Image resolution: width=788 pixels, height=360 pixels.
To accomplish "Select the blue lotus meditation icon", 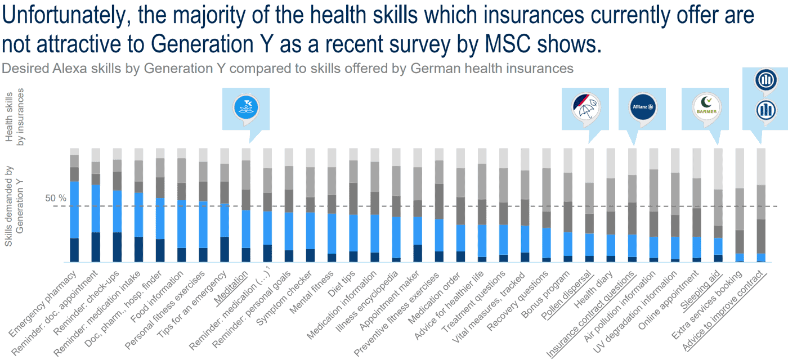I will [245, 107].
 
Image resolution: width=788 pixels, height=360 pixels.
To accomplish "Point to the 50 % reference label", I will [56, 198].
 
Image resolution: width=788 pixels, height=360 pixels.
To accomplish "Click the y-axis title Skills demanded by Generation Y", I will [16, 214].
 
